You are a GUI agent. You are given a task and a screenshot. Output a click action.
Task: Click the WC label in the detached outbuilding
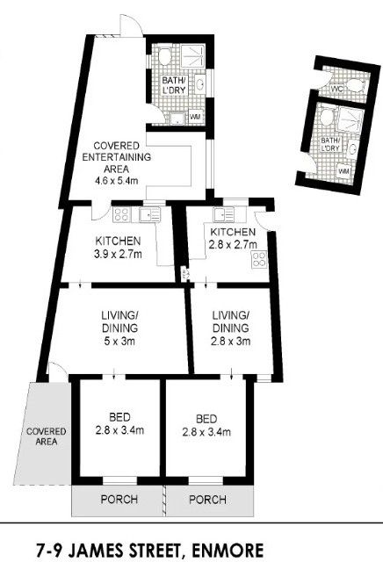(337, 88)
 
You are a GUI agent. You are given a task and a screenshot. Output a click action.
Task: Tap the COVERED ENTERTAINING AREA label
(117, 157)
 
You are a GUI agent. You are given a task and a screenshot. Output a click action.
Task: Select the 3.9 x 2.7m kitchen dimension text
(118, 254)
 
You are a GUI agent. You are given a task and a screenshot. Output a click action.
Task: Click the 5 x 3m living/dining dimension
(119, 341)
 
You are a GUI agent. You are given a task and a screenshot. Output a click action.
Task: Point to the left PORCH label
(119, 499)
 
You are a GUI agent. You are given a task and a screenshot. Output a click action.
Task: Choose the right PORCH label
(207, 500)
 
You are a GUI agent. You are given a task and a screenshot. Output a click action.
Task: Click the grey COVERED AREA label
(47, 436)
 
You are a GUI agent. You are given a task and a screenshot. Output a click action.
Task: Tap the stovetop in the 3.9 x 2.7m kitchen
(121, 214)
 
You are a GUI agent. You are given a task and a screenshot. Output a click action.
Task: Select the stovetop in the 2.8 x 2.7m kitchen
(259, 260)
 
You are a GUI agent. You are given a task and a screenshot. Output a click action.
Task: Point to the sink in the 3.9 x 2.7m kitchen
(150, 214)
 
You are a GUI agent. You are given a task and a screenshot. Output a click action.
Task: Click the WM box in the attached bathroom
(196, 117)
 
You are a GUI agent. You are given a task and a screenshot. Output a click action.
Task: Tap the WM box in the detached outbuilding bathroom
(343, 172)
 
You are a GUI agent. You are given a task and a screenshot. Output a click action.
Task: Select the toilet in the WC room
(356, 86)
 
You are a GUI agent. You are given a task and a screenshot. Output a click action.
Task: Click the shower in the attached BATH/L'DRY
(193, 55)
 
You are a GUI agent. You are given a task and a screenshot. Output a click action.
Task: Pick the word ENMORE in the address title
(228, 551)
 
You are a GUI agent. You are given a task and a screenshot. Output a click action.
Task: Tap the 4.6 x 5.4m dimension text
(117, 180)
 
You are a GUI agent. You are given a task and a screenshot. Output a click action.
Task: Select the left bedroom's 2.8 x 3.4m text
(119, 429)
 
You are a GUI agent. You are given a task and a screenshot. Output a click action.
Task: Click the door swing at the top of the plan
(131, 25)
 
